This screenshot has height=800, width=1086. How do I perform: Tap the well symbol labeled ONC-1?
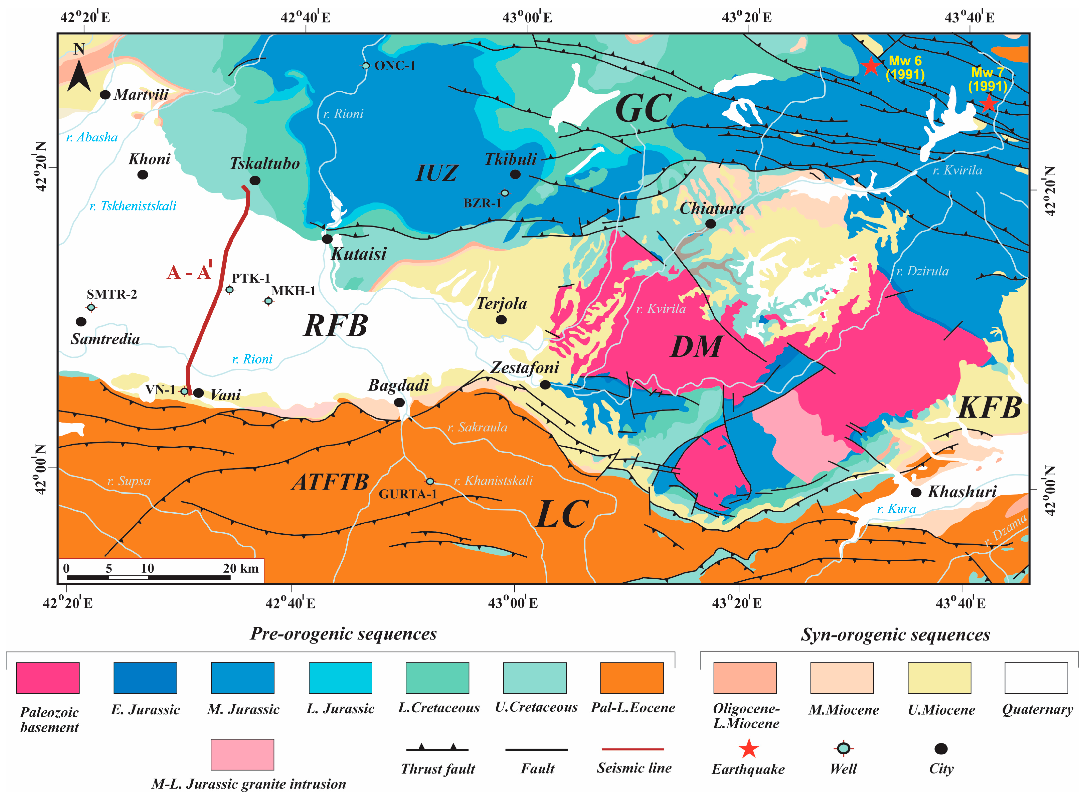click(x=366, y=65)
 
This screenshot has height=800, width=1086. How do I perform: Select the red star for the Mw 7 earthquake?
click(x=988, y=103)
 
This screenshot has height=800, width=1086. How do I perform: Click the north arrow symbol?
click(x=79, y=73)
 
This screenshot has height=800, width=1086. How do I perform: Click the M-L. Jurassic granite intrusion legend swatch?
click(x=242, y=754)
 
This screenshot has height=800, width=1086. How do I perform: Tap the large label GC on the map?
click(x=643, y=108)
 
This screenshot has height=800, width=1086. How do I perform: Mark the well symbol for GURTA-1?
click(x=430, y=481)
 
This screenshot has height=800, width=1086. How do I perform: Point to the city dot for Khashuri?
click(x=915, y=492)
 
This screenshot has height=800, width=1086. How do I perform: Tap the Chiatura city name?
click(x=712, y=208)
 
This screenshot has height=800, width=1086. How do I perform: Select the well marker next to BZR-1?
click(x=505, y=193)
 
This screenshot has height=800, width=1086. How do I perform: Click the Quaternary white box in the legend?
click(x=1036, y=677)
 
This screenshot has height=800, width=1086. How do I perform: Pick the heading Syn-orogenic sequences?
click(x=895, y=634)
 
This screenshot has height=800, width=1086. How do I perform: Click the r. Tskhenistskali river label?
click(x=133, y=206)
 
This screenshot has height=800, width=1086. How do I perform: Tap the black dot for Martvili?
click(x=105, y=94)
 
